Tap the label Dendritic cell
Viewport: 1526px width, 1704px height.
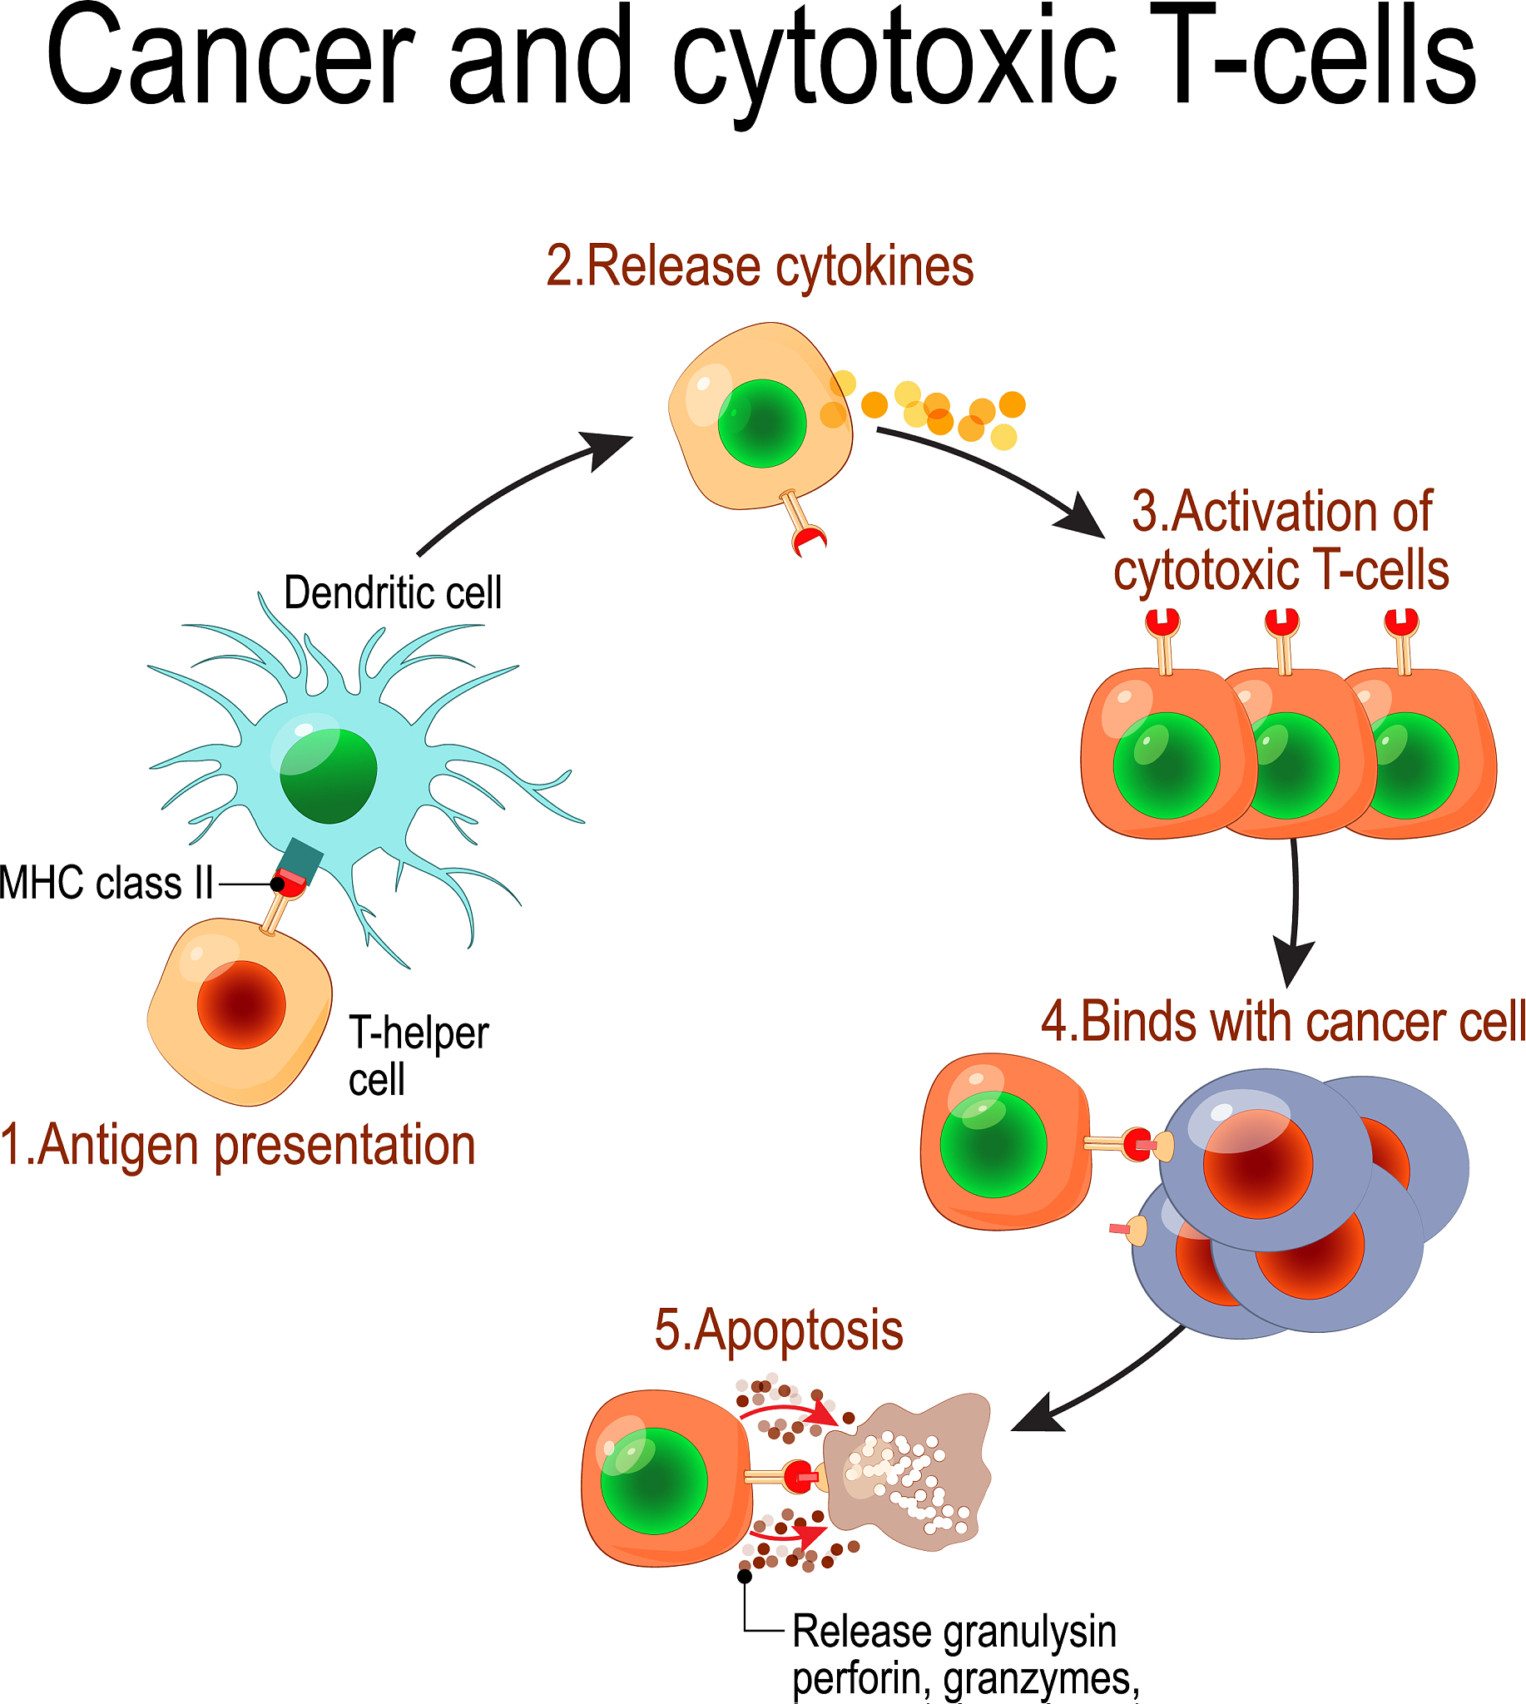[x=393, y=594]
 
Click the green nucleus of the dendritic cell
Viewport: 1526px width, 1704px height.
[x=328, y=775]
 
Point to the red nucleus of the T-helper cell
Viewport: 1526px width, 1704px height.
[x=241, y=1004]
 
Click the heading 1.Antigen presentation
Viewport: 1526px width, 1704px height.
[x=238, y=1146]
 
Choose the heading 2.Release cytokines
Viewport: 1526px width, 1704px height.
[x=760, y=267]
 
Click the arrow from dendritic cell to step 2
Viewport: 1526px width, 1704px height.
[x=520, y=487]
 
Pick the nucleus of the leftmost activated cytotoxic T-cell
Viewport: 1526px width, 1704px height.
[x=1166, y=765]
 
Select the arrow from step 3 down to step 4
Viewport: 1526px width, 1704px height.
[x=1295, y=914]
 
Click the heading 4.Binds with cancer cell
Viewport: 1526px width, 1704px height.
[x=1283, y=1023]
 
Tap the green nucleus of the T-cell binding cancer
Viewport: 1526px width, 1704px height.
[x=993, y=1145]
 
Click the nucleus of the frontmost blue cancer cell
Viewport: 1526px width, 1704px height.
[x=1258, y=1164]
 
